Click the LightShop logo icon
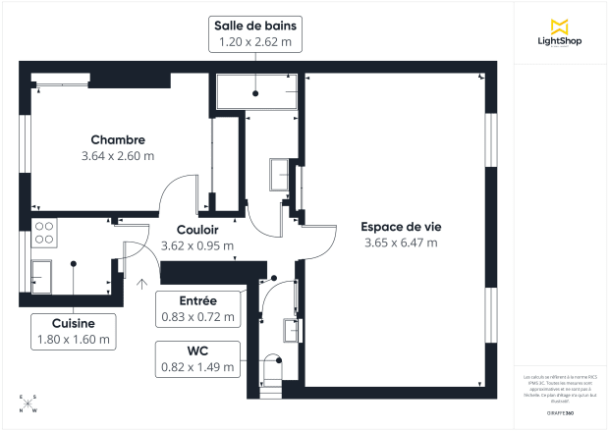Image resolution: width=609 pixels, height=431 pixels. (560, 26)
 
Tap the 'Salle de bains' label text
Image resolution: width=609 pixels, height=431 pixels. (256, 25)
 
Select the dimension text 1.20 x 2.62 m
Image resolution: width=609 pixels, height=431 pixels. (256, 41)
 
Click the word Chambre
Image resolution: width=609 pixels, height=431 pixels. (118, 139)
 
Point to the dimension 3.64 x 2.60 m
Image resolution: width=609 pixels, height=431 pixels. (118, 155)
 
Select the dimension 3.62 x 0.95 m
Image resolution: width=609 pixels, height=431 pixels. (196, 245)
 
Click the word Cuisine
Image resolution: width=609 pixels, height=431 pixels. (74, 323)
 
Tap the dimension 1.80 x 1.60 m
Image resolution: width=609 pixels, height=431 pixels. (74, 340)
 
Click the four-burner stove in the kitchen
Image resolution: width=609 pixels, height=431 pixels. (45, 232)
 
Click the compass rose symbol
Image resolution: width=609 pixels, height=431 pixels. (28, 403)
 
